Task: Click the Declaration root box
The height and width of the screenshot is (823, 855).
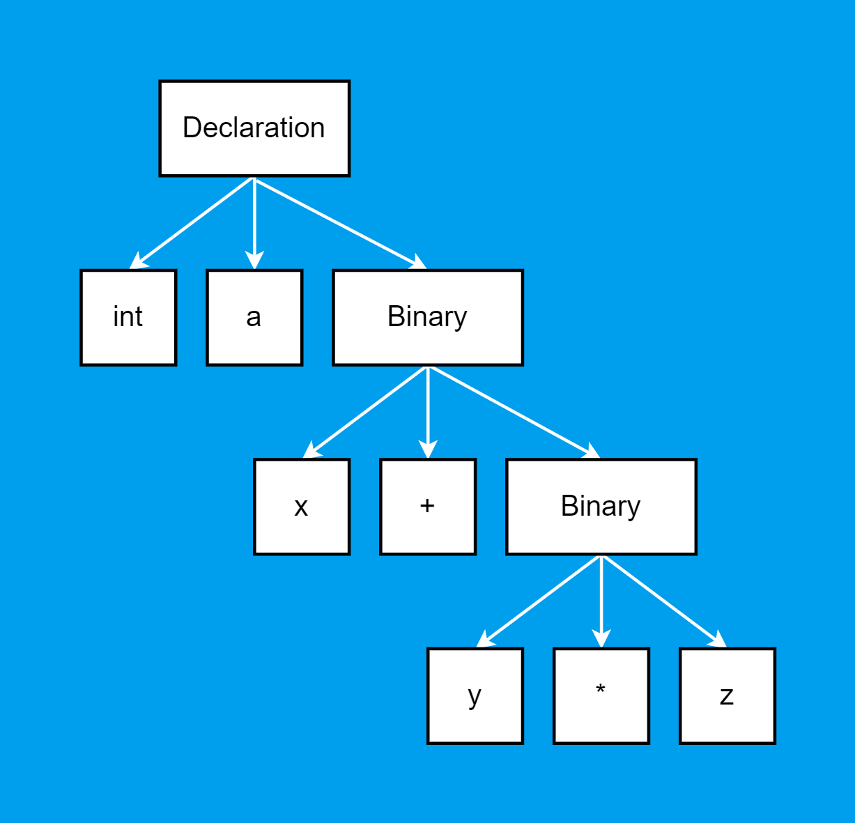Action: [254, 128]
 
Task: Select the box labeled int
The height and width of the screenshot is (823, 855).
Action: [128, 317]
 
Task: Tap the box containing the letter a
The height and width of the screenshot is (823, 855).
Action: [254, 317]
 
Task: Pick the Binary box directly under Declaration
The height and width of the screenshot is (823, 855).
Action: [428, 317]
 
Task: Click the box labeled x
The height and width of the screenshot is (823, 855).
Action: [302, 507]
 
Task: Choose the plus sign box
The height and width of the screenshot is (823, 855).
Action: [428, 507]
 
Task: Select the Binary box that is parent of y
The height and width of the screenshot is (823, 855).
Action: [601, 507]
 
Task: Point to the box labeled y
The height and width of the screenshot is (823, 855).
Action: [475, 696]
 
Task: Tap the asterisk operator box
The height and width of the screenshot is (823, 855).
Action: [601, 696]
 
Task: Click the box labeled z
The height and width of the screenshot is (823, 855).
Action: [727, 696]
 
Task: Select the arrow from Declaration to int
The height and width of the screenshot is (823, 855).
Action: [192, 223]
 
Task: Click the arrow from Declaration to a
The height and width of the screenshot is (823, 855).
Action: [254, 223]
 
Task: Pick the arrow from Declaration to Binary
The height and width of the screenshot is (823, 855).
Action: [340, 223]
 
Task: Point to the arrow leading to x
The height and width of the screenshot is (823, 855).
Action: [365, 413]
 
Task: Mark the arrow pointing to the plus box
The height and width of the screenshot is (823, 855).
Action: [428, 413]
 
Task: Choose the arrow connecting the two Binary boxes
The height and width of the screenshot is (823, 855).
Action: [514, 413]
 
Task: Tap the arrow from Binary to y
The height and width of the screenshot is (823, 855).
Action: [539, 601]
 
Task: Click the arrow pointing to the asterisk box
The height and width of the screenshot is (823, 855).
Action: [601, 601]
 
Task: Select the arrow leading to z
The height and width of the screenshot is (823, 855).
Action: [664, 601]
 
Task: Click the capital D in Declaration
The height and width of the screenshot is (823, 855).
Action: [191, 128]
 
